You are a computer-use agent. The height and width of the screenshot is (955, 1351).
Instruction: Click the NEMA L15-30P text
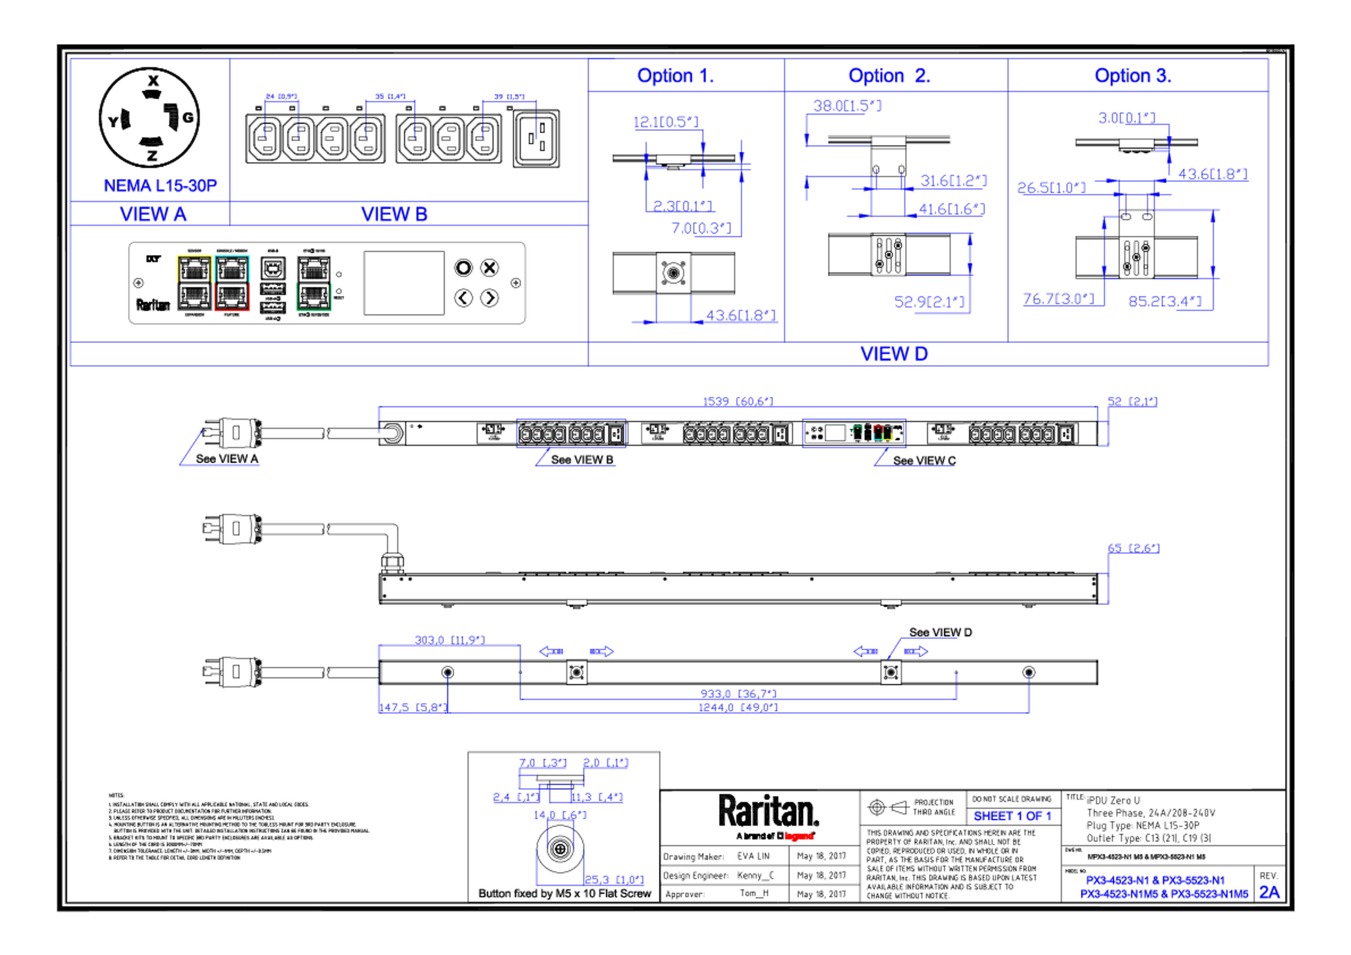(x=160, y=186)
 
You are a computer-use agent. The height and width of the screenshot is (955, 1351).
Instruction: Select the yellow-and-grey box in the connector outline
(x=194, y=283)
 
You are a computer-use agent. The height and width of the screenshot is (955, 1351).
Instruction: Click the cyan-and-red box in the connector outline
(x=233, y=283)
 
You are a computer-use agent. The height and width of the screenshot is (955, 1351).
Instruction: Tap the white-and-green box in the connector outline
(x=313, y=283)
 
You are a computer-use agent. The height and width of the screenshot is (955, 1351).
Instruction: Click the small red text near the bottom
(x=799, y=835)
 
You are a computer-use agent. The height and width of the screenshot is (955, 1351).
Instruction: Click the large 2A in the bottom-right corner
(x=1269, y=893)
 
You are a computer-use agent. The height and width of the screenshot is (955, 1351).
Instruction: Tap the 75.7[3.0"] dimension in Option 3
(x=1057, y=299)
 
